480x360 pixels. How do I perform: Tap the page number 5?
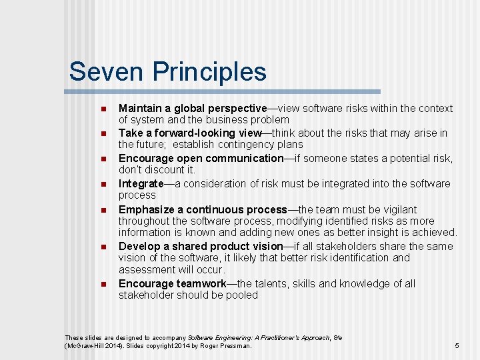tap(457, 345)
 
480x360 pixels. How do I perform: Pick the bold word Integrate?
tap(141, 183)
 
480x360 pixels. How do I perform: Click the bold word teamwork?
tap(201, 283)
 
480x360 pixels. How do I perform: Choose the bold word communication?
tap(245, 158)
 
